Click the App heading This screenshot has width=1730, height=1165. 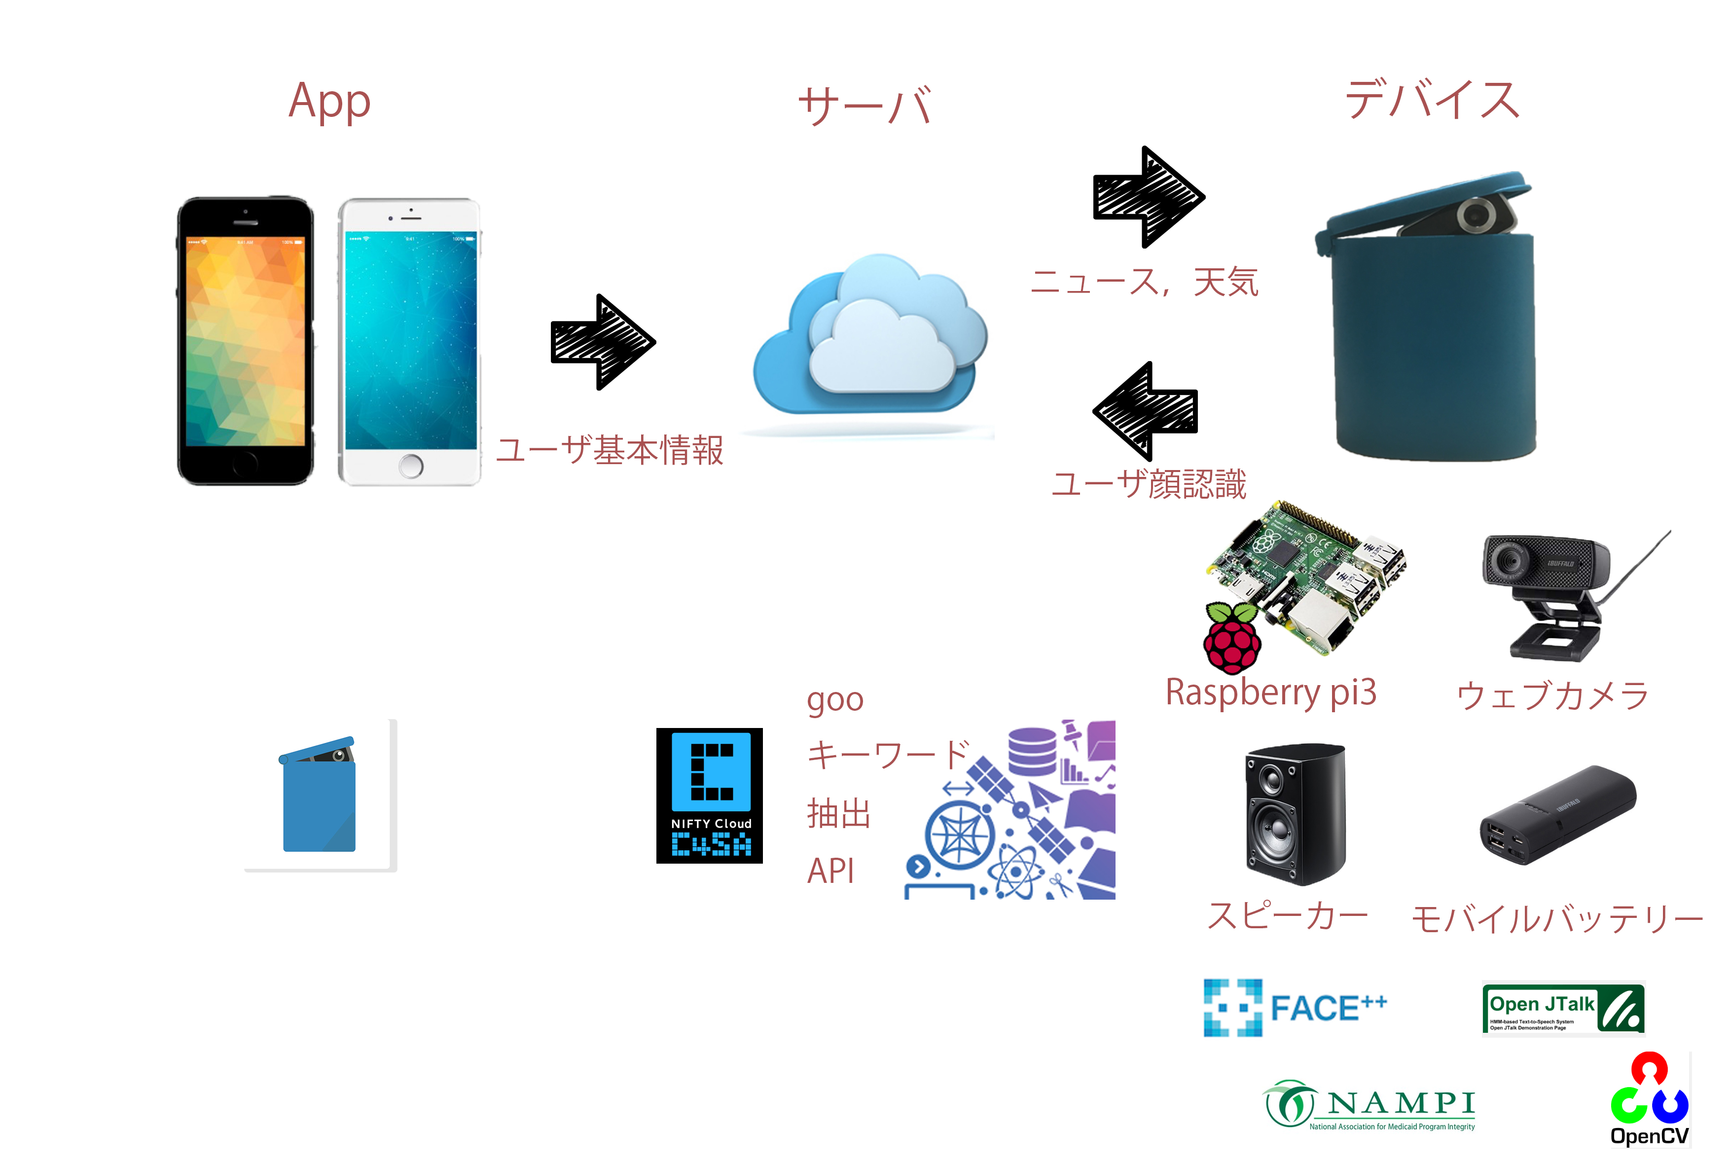point(329,102)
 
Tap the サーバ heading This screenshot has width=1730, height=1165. point(865,106)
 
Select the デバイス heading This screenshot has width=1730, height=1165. point(1432,101)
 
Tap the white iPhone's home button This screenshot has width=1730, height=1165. point(411,466)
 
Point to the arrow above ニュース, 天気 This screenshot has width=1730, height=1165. point(1148,197)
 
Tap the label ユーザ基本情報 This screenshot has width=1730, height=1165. point(609,450)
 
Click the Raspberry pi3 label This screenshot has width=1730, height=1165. point(1271,692)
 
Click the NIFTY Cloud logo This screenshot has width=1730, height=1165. point(709,795)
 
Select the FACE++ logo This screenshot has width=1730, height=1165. point(1294,1008)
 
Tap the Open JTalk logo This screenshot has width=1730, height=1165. point(1563,1008)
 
